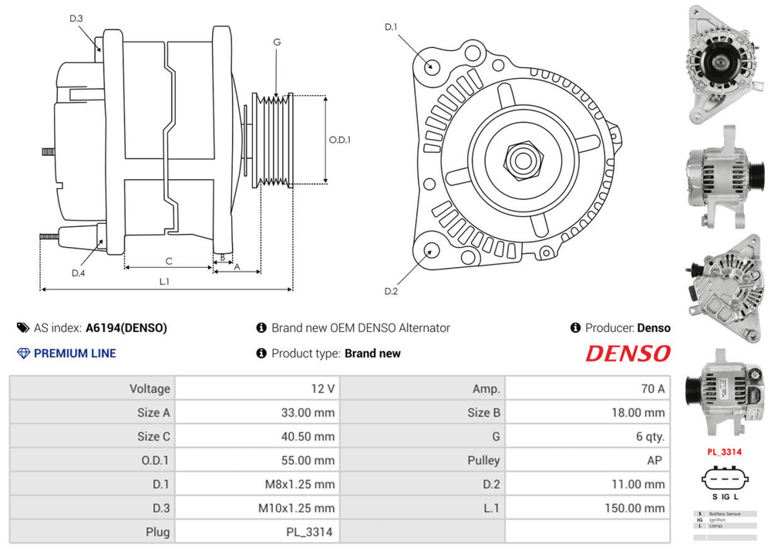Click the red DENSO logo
pos(628,354)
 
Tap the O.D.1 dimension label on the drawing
pos(340,141)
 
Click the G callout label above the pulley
pos(276,42)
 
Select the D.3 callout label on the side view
pos(76,19)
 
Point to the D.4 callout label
pos(78,273)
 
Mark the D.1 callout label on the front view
pos(391,28)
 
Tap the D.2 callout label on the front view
pos(391,291)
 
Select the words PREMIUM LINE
pos(75,354)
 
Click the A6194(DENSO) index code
pos(126,328)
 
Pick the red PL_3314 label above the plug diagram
pos(724,452)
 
